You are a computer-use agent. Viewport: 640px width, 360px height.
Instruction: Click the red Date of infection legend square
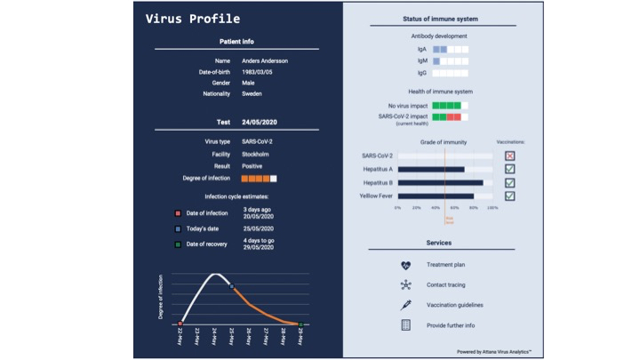(179, 212)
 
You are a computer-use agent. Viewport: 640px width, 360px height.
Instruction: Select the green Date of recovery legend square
(179, 244)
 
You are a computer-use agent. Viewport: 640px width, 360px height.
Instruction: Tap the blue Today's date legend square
(179, 228)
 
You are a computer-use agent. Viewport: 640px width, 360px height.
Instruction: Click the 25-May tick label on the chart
(232, 339)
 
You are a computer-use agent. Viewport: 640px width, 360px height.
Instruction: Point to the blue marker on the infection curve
(232, 286)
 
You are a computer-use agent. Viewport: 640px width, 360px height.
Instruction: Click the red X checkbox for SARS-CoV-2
(510, 156)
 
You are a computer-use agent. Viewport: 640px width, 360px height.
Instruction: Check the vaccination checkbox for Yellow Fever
(510, 196)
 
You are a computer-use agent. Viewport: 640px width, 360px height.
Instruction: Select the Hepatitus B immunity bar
(440, 182)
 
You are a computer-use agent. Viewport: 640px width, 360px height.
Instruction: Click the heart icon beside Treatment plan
(406, 265)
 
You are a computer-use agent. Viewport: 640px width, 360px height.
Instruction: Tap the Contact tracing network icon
(406, 284)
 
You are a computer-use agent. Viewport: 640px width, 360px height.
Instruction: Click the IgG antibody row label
(422, 73)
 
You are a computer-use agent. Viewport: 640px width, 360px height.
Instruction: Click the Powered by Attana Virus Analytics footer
(493, 352)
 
